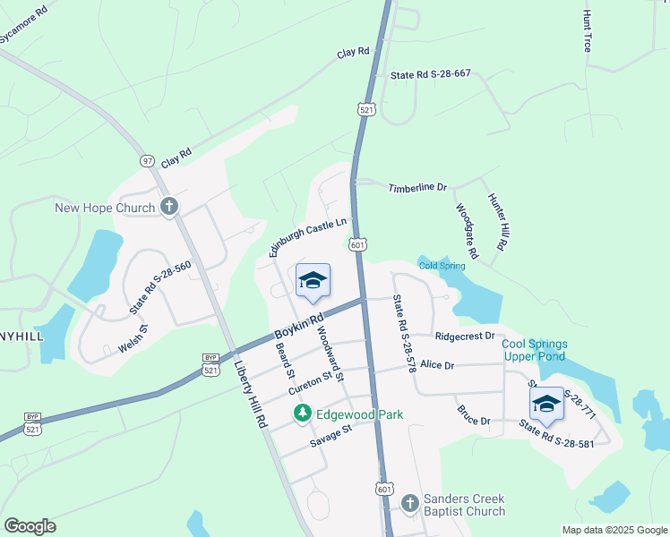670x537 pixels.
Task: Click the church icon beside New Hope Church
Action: click(x=168, y=208)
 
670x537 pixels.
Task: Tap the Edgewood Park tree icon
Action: click(x=303, y=413)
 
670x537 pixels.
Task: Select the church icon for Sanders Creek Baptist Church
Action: click(x=410, y=504)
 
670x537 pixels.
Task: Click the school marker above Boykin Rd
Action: click(x=313, y=281)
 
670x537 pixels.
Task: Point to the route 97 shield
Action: click(x=148, y=161)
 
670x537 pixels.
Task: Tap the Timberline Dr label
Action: click(x=417, y=188)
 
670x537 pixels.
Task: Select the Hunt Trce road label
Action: click(x=588, y=30)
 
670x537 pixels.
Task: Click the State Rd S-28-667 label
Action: click(x=431, y=75)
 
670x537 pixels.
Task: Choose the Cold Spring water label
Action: click(x=442, y=266)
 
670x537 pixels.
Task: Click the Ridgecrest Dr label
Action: click(x=465, y=337)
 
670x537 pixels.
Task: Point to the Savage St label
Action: click(x=331, y=436)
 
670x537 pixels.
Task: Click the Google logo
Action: click(x=30, y=526)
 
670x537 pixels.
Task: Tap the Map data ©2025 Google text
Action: click(x=614, y=530)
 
